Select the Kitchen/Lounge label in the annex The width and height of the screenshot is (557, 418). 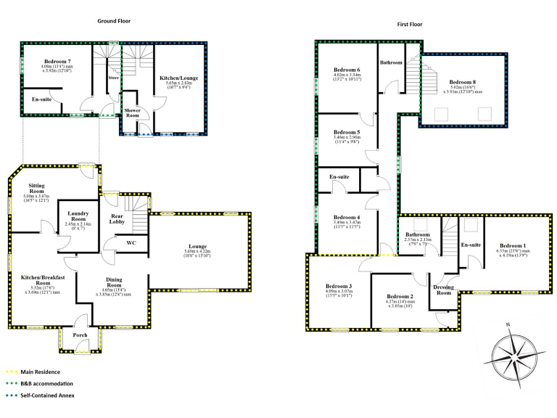coord(178,78)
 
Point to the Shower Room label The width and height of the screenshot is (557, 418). coord(132,112)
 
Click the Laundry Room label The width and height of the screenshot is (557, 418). coord(78,216)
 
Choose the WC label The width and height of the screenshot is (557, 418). coord(131,242)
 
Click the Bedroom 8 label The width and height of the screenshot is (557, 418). coord(463,82)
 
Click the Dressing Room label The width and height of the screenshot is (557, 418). coord(444,289)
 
